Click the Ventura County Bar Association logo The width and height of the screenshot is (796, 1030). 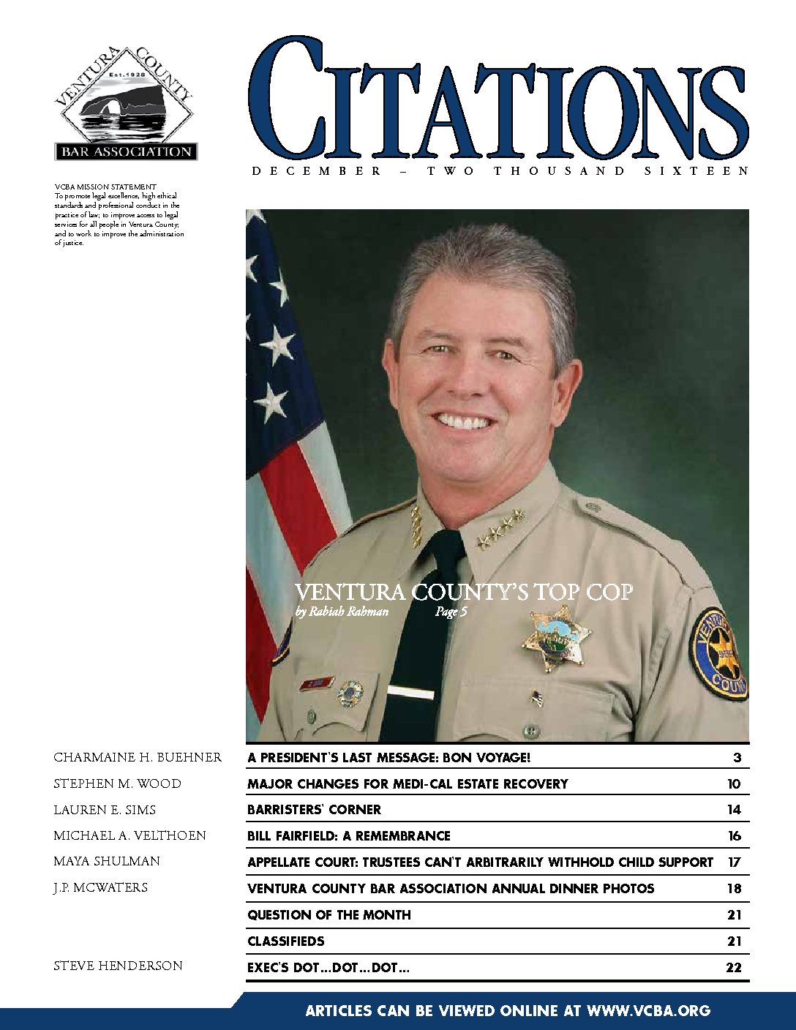tap(125, 105)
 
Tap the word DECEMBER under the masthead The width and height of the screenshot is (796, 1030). tap(316, 171)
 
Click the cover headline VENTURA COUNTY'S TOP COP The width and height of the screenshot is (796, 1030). tap(464, 592)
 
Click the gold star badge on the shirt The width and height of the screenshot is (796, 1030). tap(557, 637)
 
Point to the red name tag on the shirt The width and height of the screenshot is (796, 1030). tap(317, 684)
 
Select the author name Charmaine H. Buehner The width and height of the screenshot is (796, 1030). tap(138, 757)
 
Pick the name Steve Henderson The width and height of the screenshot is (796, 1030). tap(118, 966)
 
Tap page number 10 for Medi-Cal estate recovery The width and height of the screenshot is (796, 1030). tap(734, 784)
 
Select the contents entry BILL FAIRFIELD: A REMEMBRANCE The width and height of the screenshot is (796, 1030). tap(349, 836)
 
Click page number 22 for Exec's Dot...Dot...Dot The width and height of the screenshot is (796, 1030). tap(733, 968)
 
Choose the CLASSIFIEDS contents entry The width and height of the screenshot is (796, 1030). tap(285, 941)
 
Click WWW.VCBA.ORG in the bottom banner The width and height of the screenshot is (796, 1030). tap(648, 1011)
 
